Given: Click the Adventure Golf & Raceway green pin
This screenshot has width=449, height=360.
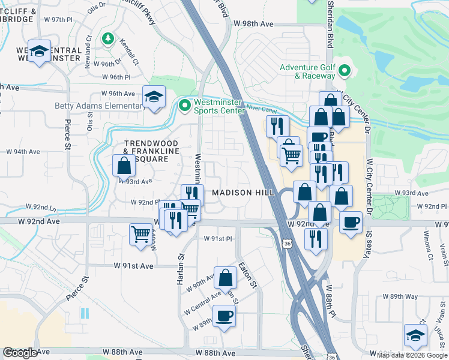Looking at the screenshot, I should point(345,71).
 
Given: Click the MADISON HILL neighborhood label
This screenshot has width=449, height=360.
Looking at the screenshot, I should point(243,192).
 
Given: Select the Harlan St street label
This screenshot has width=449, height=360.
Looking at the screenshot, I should point(179,265).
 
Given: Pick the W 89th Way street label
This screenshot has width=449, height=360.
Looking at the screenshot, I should point(401,296).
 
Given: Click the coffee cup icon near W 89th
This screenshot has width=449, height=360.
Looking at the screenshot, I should point(224,316).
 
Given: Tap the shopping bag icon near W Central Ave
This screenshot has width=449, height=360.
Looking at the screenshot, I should point(225,278).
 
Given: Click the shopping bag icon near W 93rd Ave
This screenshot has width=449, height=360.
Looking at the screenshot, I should point(124,165).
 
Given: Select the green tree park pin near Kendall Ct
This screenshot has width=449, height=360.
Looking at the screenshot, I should point(107,40).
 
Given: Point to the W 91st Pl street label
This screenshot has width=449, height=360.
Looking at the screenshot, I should point(217,239).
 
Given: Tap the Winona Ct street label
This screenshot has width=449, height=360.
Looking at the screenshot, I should point(427,243).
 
